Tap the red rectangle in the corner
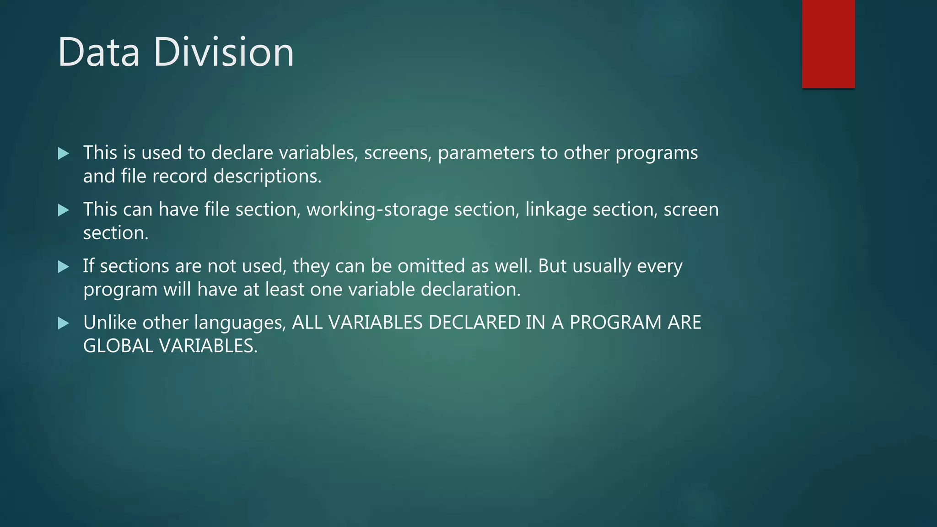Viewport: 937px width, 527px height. (x=828, y=44)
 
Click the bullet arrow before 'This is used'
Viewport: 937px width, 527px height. (x=64, y=153)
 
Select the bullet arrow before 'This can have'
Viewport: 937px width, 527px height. (x=64, y=210)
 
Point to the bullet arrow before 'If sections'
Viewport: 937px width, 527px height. (x=64, y=267)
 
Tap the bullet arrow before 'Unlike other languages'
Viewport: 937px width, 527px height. (x=64, y=323)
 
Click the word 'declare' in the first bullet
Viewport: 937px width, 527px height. (x=242, y=153)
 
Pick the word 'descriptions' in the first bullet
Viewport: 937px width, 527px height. (x=267, y=176)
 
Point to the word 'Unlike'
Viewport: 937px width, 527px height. (x=110, y=323)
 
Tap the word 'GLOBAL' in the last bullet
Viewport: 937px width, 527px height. (x=118, y=346)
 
